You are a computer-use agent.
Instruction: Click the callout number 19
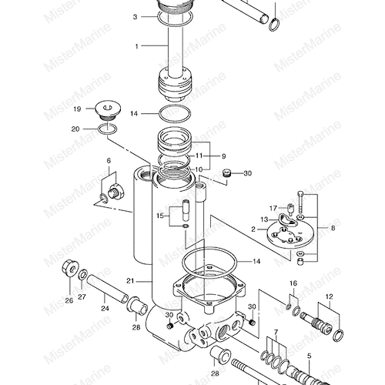click(77, 109)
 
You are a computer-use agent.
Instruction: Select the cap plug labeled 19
click(109, 110)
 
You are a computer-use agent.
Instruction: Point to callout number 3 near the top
click(135, 17)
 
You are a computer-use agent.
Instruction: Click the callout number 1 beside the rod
click(137, 46)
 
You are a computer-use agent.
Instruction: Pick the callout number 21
click(130, 281)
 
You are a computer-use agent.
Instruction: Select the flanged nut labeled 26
click(70, 269)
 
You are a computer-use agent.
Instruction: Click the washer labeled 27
click(82, 275)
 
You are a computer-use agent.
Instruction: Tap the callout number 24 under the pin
click(105, 308)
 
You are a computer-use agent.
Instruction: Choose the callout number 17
click(273, 208)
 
